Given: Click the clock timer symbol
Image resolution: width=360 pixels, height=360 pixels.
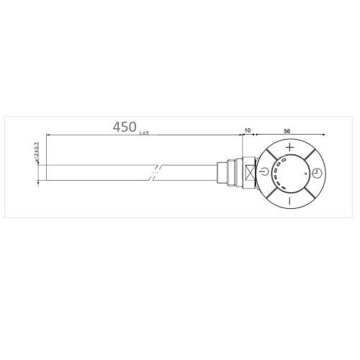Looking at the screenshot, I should tap(316, 174).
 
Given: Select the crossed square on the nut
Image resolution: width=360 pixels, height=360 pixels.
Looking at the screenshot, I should tap(249, 174).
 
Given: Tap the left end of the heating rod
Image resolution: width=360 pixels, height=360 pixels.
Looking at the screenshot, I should tap(40, 174).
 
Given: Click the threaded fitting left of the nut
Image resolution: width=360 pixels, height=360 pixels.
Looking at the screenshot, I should tap(231, 174).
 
